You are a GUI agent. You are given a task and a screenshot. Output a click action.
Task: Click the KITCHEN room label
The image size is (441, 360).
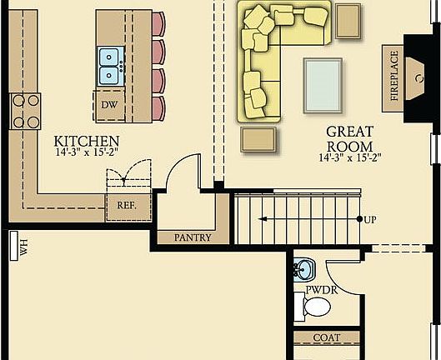pos(87,141)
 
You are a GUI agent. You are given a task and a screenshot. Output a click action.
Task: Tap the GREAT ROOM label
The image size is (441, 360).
pos(348,137)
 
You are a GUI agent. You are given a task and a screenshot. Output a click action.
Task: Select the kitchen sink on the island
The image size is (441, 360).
pos(110,67)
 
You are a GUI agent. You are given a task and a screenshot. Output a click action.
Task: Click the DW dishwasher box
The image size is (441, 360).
pos(109,105)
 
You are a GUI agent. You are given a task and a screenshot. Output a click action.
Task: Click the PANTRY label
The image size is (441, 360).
pos(193,237)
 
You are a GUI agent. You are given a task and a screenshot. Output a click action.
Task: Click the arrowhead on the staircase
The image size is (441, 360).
pos(263,219)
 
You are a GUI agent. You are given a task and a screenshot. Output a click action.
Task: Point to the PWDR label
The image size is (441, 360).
pos(319,291)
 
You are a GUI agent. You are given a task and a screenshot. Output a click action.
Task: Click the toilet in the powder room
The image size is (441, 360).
pos(315,308)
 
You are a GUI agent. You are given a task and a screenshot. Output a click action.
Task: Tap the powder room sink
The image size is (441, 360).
pos(304,270)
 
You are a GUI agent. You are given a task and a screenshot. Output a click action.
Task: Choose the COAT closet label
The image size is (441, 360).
pos(326,337)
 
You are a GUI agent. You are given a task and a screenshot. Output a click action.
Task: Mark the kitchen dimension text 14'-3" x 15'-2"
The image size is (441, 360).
pos(87,153)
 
